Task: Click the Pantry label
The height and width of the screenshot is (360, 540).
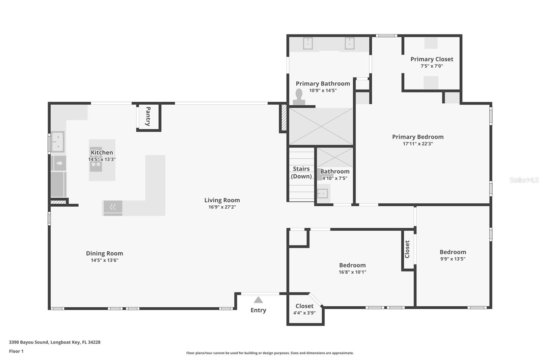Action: pyautogui.click(x=148, y=117)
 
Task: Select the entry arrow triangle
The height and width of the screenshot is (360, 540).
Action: pyautogui.click(x=258, y=300)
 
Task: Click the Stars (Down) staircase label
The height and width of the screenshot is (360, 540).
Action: pyautogui.click(x=301, y=172)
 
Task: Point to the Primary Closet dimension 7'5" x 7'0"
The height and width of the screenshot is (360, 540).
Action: pyautogui.click(x=432, y=66)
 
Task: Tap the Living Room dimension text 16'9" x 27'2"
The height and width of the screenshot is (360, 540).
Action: pyautogui.click(x=222, y=207)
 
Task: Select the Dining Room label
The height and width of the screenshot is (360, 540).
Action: pyautogui.click(x=104, y=253)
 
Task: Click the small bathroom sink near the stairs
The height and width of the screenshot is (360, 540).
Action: pyautogui.click(x=323, y=194)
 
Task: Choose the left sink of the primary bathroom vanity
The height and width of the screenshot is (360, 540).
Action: pyautogui.click(x=308, y=43)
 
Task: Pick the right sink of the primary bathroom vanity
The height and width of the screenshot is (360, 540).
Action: pyautogui.click(x=349, y=43)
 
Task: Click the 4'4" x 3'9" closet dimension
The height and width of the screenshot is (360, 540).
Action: pyautogui.click(x=304, y=313)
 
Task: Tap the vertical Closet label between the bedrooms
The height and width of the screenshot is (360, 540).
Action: pyautogui.click(x=407, y=249)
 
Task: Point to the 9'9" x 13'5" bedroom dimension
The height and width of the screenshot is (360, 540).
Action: pyautogui.click(x=453, y=259)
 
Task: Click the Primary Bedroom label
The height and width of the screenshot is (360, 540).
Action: pyautogui.click(x=418, y=137)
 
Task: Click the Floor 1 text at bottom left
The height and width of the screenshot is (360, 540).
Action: pyautogui.click(x=16, y=351)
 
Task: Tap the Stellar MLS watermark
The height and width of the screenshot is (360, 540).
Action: pyautogui.click(x=524, y=180)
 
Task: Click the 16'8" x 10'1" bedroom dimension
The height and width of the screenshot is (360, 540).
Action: pyautogui.click(x=352, y=272)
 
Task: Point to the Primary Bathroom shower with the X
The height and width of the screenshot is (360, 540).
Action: pyautogui.click(x=321, y=127)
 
